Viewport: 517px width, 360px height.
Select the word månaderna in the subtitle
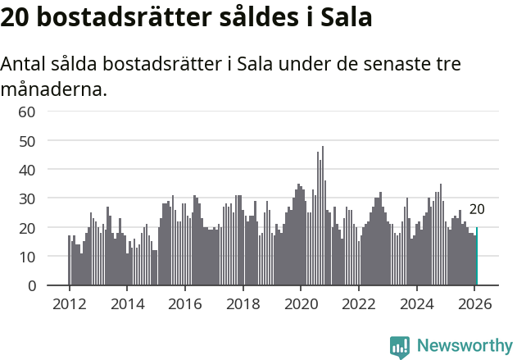click(x=53, y=89)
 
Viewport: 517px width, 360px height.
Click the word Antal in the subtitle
click(x=25, y=65)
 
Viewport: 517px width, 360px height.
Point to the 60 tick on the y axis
click(x=27, y=112)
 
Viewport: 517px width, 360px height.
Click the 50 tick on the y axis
click(x=27, y=140)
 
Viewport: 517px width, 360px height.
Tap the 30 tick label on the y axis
click(x=27, y=198)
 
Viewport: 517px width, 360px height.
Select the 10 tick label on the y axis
click(x=27, y=257)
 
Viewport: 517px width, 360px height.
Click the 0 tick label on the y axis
click(x=32, y=285)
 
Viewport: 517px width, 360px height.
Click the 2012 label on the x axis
click(x=69, y=303)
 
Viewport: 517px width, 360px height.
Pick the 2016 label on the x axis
click(x=184, y=303)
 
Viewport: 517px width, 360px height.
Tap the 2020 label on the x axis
click(x=301, y=303)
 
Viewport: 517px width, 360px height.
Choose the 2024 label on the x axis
click(x=416, y=303)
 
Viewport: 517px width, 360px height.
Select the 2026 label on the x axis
click(x=474, y=303)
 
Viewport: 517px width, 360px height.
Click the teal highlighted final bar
click(x=476, y=257)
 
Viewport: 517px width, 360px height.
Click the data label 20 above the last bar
click(x=476, y=210)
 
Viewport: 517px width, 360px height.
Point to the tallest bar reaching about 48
click(x=323, y=217)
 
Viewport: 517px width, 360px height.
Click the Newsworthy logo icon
click(x=400, y=346)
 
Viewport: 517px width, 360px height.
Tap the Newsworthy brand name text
click(x=464, y=346)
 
